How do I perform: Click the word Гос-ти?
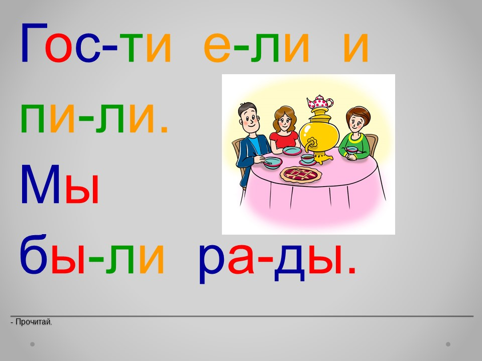pos(95,43)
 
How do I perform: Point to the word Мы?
pos(60,184)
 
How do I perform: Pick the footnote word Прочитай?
pos(34,322)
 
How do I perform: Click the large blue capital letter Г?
pos(34,43)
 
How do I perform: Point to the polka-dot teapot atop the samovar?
pos(320,102)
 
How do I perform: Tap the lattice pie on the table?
pos(301,174)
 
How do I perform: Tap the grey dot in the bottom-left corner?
pos(32,344)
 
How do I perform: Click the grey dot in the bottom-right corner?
pos(448,344)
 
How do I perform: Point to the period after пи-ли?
pos(165,130)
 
